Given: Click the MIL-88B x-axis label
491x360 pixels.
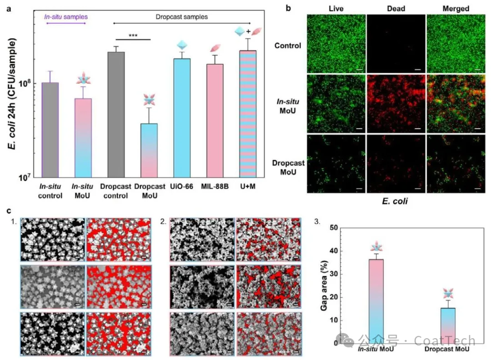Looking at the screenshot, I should pos(215,187).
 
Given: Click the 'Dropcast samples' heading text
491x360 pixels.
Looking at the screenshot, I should pos(182,17).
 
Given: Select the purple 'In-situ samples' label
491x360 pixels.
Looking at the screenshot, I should pos(65,17).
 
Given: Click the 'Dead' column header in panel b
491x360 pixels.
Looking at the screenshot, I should pos(396,9).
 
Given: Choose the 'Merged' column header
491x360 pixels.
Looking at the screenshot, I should pos(456,9).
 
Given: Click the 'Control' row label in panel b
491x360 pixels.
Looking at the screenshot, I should pos(288,45).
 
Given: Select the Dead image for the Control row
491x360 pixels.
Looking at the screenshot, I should pos(396,44).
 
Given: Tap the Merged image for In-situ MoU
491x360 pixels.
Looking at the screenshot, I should pos(456,104).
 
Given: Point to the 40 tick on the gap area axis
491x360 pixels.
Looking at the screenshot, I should pos(336,251).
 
